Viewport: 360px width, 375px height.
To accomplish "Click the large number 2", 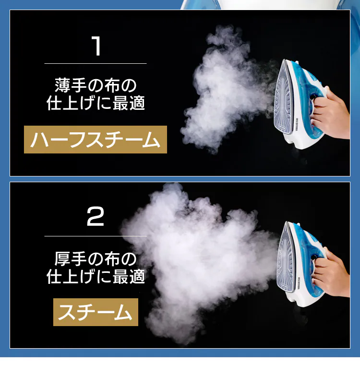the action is tap(95, 216).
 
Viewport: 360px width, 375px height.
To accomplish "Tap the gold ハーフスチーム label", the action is tap(96, 140).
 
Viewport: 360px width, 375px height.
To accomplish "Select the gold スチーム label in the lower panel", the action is tap(96, 312).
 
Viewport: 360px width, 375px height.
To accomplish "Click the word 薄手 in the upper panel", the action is tap(71, 85).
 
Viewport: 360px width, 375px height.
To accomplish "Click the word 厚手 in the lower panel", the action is tap(71, 259).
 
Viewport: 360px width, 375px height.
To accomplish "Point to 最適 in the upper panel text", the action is tap(129, 103).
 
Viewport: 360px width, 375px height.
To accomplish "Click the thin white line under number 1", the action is tap(96, 63).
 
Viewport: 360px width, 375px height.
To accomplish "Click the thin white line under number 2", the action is tap(96, 236).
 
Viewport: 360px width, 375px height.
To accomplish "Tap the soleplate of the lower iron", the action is tap(286, 261).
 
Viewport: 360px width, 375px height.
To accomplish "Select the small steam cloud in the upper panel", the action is tap(228, 91).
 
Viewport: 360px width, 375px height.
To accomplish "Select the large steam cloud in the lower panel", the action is tap(199, 261).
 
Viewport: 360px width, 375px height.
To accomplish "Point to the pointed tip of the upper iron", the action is tap(284, 60).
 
